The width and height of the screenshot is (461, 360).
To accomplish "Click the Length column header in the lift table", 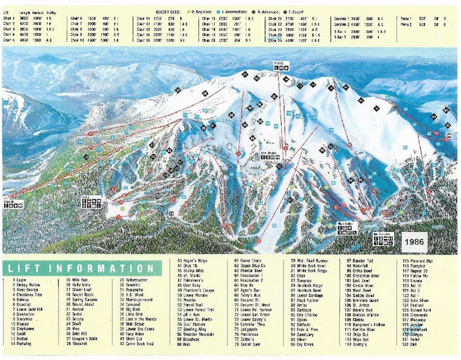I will (24, 11).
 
